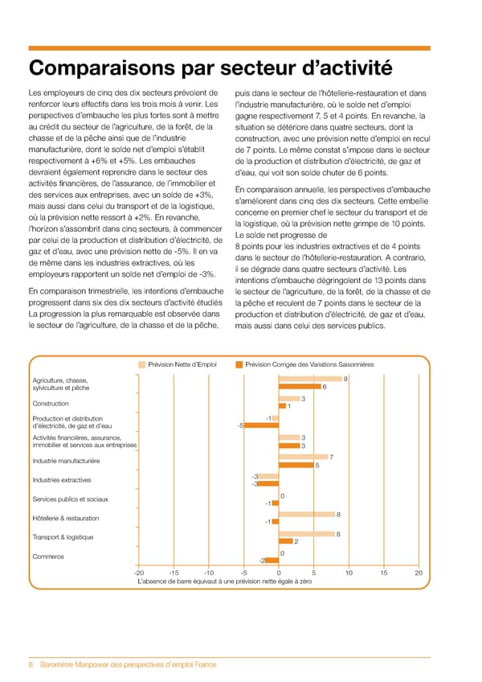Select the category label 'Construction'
(50, 403)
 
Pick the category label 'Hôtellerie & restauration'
(66, 517)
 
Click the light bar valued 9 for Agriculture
(309, 379)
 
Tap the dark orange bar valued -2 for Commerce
(272, 561)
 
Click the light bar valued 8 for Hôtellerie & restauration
(306, 514)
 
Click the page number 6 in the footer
(31, 664)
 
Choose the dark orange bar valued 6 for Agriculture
(300, 387)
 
